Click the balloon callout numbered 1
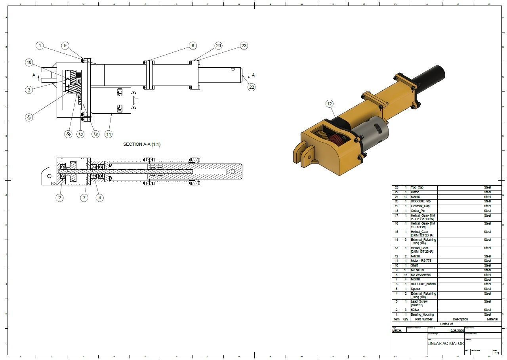[40, 46]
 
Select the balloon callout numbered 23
[244, 46]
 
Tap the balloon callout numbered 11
[109, 134]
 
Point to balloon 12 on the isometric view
[330, 104]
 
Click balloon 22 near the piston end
[252, 87]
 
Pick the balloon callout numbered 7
[84, 198]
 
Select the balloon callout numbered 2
[59, 198]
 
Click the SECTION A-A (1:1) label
[142, 144]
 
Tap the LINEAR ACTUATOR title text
[445, 343]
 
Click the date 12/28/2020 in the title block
[456, 331]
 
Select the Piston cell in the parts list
[415, 192]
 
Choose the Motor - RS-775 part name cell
[421, 261]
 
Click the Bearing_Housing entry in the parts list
[422, 314]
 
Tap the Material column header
[492, 319]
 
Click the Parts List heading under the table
[446, 324]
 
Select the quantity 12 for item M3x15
[406, 197]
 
